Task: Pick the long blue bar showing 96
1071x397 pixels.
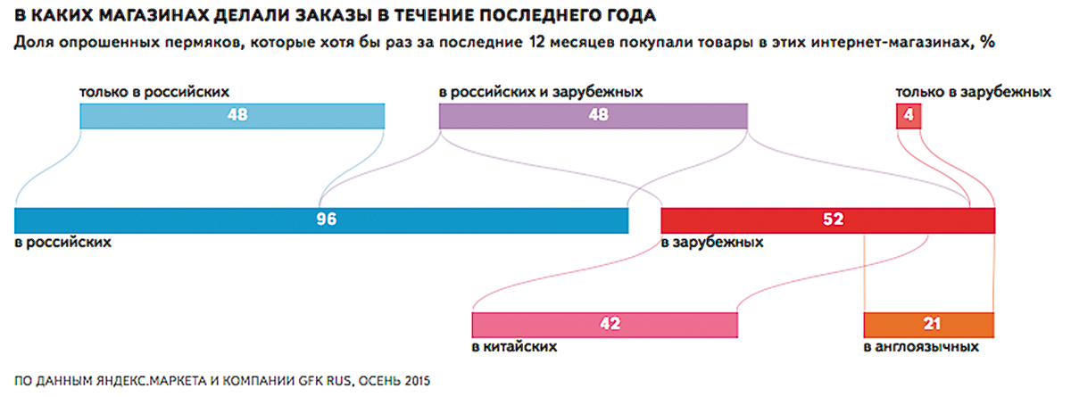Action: pyautogui.click(x=178, y=219)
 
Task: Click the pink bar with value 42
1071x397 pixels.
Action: pyautogui.click(x=535, y=325)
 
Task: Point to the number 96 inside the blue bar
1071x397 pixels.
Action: pyautogui.click(x=326, y=219)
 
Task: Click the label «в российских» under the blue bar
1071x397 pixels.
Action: pyautogui.click(x=62, y=243)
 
